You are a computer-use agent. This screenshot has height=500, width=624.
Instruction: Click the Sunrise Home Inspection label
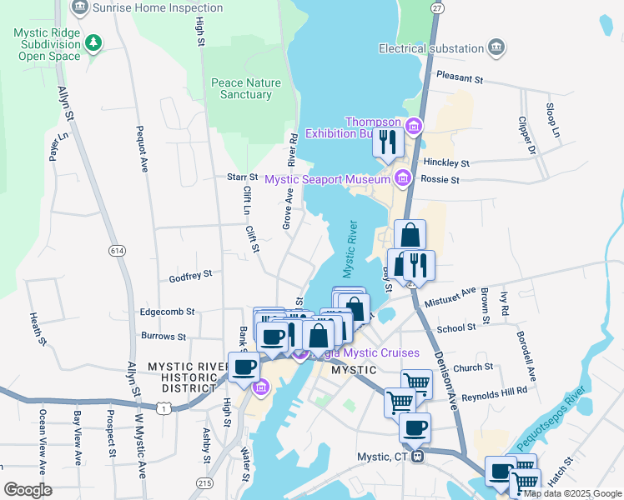[159, 8]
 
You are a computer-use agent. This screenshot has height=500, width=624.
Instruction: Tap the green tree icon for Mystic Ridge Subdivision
[94, 42]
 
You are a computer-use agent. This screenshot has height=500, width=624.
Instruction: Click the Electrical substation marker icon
[496, 47]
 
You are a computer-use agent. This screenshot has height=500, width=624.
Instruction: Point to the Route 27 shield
[436, 7]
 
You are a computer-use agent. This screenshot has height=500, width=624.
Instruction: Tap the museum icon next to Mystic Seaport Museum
[403, 178]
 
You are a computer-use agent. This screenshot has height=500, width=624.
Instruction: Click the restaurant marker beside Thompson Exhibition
[388, 142]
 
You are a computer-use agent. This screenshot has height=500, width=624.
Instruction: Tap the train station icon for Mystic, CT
[421, 456]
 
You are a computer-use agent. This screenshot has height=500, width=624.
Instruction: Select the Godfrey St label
[190, 273]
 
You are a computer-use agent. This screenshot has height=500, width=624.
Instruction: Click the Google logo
[28, 489]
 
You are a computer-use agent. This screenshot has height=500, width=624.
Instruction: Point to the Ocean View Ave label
[42, 437]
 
